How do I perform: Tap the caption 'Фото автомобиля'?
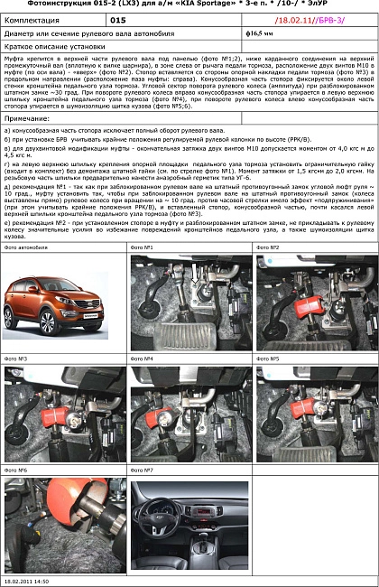click(x=24, y=247)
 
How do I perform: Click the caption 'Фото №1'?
click(x=142, y=247)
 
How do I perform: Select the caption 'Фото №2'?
click(x=268, y=247)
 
